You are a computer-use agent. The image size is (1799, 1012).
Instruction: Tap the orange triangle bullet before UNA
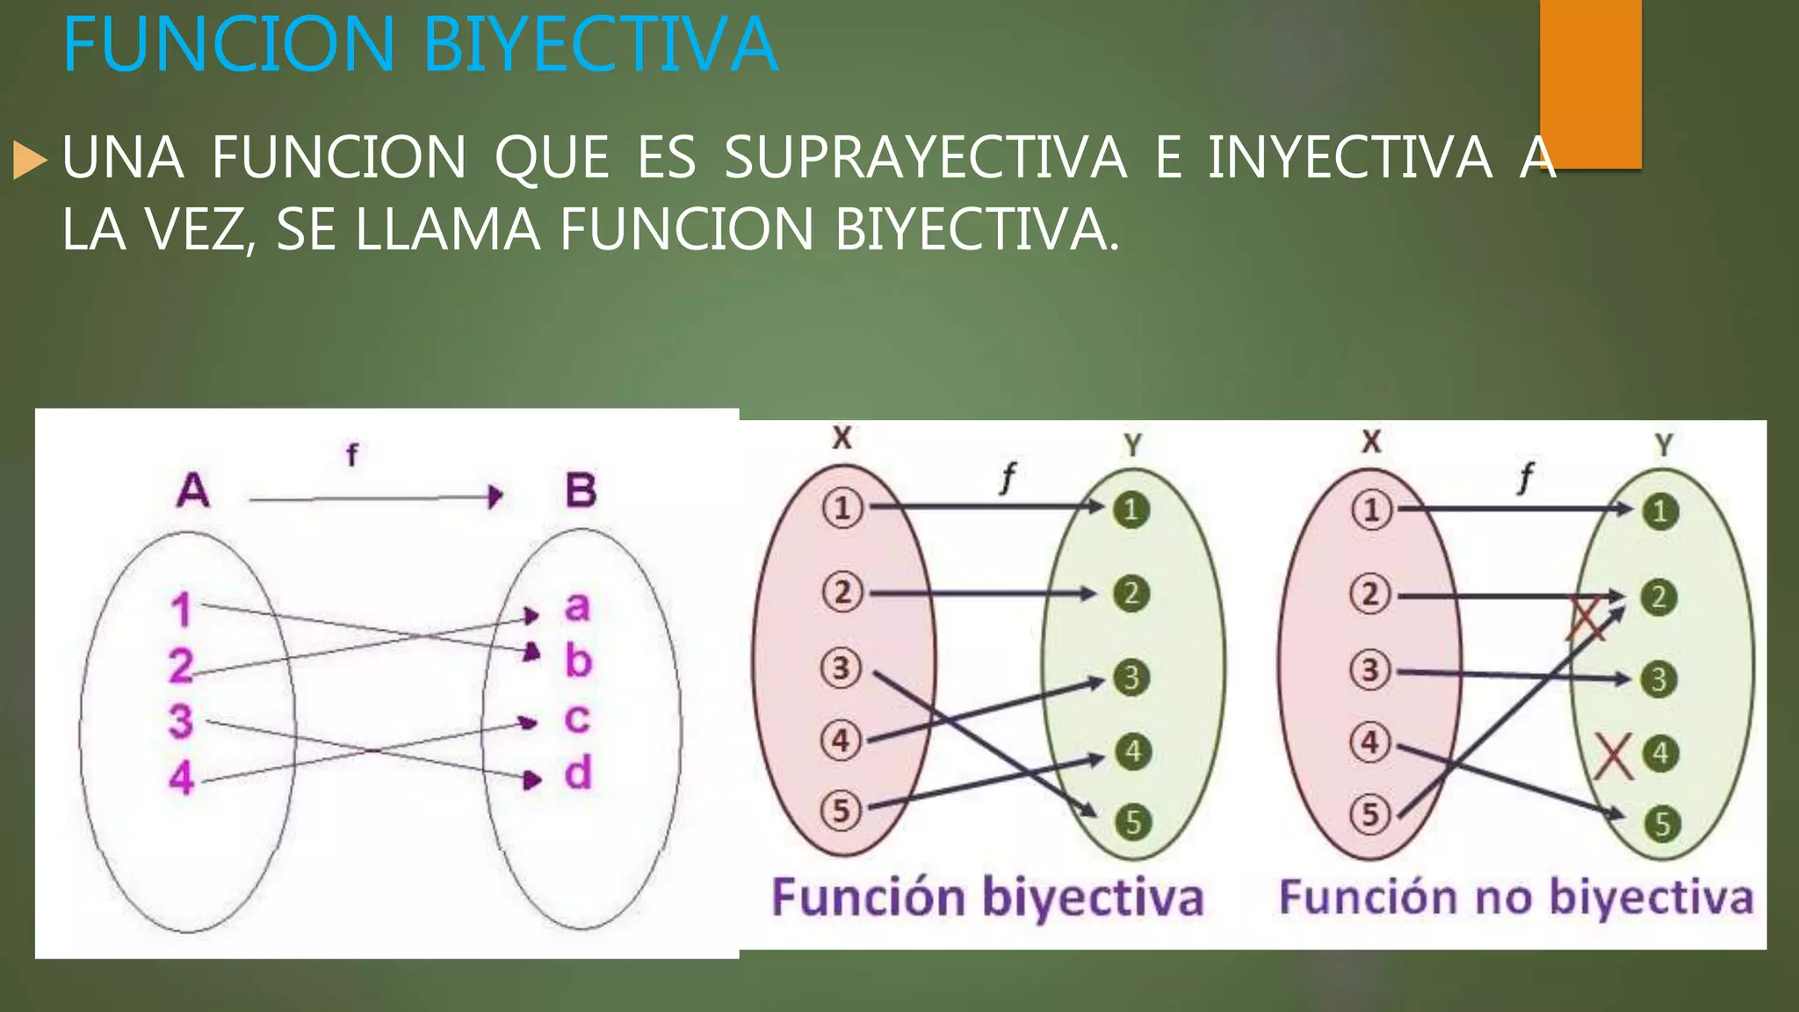click(x=30, y=161)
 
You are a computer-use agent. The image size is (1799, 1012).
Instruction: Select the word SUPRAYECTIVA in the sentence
click(x=925, y=158)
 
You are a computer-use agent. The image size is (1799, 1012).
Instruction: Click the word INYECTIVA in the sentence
click(x=1350, y=158)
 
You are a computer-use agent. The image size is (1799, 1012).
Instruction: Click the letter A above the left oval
click(x=193, y=490)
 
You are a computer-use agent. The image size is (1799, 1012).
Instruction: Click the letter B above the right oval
click(x=581, y=490)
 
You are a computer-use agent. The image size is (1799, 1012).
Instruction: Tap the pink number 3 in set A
click(x=181, y=721)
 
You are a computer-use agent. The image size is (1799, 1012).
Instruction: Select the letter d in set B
click(x=577, y=774)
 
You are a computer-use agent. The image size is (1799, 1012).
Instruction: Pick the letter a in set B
click(x=577, y=606)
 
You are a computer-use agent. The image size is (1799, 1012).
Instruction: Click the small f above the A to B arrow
click(x=351, y=455)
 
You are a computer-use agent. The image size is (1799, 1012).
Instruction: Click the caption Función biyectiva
click(x=987, y=898)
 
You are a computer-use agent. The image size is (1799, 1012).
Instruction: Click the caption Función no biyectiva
click(x=1515, y=898)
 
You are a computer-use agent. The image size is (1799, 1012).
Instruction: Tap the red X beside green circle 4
click(x=1613, y=756)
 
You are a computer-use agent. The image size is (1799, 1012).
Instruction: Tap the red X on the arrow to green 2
click(x=1586, y=619)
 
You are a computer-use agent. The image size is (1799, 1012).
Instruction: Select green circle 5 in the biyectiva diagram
click(x=1133, y=822)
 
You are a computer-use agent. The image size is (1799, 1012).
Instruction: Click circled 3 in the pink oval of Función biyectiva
click(x=841, y=669)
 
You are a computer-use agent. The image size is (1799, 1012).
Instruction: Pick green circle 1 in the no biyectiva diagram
click(x=1659, y=511)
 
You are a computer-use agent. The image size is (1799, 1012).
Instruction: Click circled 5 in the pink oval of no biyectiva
click(x=1370, y=814)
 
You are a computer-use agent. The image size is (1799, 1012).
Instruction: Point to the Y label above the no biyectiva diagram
click(x=1663, y=445)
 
